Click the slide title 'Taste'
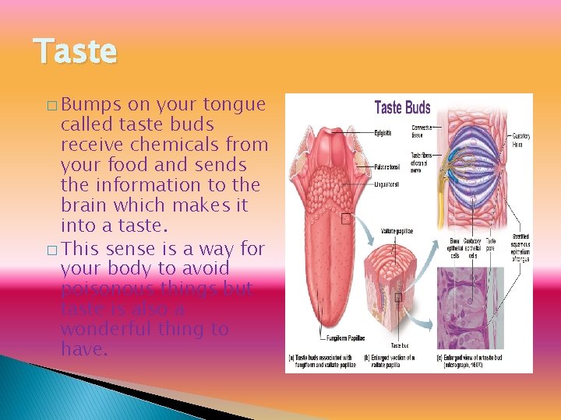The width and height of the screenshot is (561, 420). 76,52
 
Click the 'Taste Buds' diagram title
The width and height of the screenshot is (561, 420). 402,107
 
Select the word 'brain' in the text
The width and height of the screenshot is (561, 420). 85,205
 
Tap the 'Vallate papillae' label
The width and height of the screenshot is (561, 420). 397,231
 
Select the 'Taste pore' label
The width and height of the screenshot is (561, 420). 490,244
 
